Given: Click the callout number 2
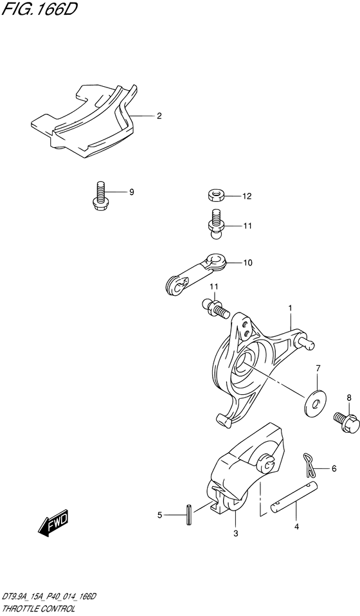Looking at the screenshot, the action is pyautogui.click(x=159, y=116).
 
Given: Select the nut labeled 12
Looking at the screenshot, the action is pyautogui.click(x=215, y=195).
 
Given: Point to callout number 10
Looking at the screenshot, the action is pyautogui.click(x=248, y=263).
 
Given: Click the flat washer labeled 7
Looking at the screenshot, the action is pyautogui.click(x=314, y=403).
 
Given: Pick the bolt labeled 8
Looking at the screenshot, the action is pyautogui.click(x=346, y=422).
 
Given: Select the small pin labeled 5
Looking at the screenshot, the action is pyautogui.click(x=188, y=514).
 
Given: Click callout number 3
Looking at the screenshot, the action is pyautogui.click(x=235, y=534).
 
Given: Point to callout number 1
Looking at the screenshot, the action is pyautogui.click(x=290, y=308).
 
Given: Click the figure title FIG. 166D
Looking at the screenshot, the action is pyautogui.click(x=37, y=10).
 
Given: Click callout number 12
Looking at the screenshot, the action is pyautogui.click(x=247, y=196).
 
